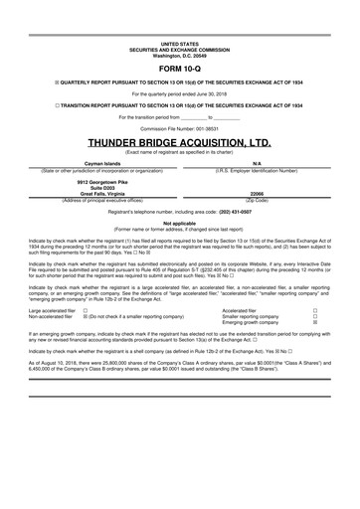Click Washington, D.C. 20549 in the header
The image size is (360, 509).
tap(179, 56)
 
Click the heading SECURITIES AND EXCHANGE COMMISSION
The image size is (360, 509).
tap(179, 50)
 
